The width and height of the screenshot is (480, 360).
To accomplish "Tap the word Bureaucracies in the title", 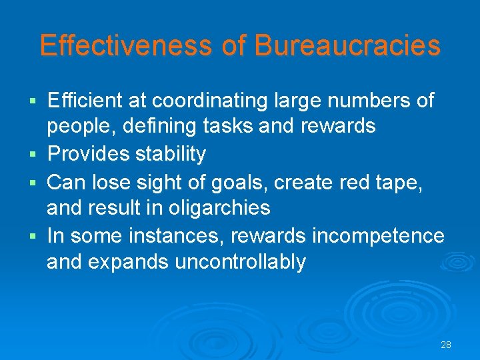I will pos(347,45).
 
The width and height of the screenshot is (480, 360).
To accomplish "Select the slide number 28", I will pos(446,345).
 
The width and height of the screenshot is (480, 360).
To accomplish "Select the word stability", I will pos(171,154).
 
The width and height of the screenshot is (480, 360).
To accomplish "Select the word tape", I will pos(399,181).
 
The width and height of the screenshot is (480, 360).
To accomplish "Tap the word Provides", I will pos(89,154).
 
